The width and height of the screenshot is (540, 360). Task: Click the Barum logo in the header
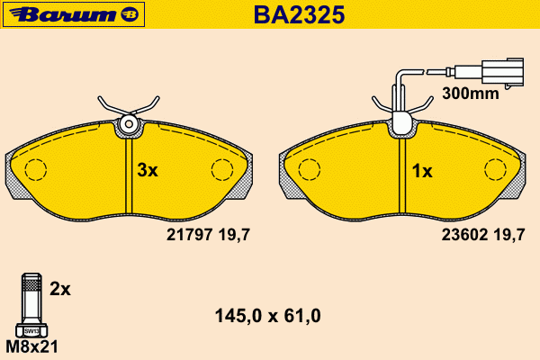[x=74, y=14]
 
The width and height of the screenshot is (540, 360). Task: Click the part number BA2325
[x=299, y=14]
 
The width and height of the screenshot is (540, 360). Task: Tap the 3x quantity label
[x=148, y=170]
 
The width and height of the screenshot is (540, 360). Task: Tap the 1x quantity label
[x=422, y=171]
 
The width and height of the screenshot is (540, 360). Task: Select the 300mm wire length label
[x=471, y=94]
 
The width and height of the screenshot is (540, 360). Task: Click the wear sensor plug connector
[x=502, y=71]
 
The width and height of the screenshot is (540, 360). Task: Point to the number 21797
[x=189, y=235]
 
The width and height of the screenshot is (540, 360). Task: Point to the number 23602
[x=464, y=235]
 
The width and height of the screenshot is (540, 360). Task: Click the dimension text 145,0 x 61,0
[x=268, y=316]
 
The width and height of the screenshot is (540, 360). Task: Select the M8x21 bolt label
[x=32, y=346]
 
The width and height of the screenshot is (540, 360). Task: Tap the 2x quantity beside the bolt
[x=60, y=289]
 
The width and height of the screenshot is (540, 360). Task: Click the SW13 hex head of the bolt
[x=31, y=331]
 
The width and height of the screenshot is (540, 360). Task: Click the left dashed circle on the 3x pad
[x=36, y=169]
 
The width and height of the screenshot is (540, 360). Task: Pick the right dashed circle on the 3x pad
[x=222, y=169]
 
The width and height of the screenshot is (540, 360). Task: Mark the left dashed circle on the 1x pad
[x=310, y=169]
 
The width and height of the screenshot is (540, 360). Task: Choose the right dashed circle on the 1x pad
[x=495, y=169]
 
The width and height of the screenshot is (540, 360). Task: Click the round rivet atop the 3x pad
[x=129, y=124]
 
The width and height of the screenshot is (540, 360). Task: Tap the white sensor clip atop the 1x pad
[x=402, y=122]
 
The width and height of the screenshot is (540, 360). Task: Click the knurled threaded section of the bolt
[x=31, y=285]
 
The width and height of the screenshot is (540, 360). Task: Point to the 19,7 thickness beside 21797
[x=234, y=235]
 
